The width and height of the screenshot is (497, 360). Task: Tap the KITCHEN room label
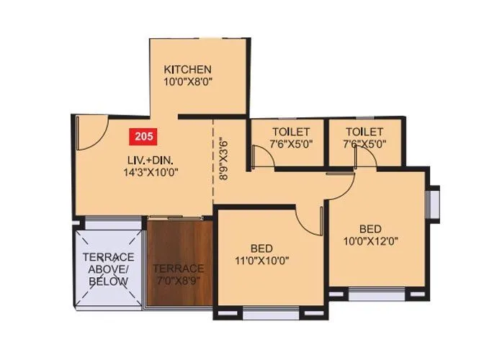[187, 70]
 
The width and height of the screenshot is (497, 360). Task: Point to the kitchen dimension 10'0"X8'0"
[187, 83]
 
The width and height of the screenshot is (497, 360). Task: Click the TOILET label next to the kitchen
[290, 132]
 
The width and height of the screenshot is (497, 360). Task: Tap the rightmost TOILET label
[364, 132]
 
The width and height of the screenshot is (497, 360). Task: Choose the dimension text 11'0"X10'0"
[262, 260]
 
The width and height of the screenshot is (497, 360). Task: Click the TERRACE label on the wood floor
[178, 257]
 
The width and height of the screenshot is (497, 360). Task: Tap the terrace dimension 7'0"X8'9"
[179, 269]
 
